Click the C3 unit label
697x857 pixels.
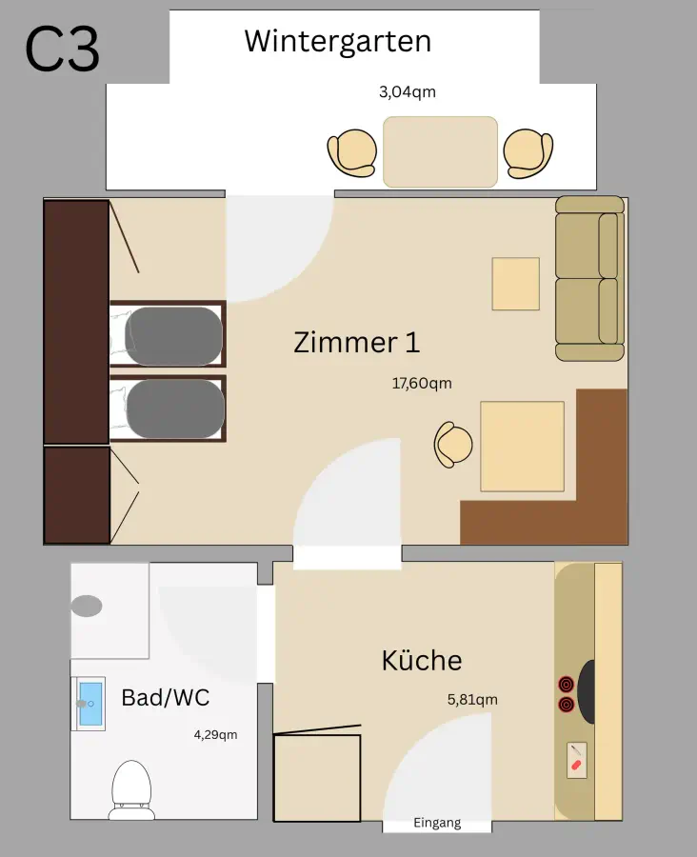[62, 50]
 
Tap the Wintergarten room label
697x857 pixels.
[337, 41]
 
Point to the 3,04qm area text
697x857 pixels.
[407, 92]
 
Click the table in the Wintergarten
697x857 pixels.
[440, 151]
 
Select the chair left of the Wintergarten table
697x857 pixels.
[352, 152]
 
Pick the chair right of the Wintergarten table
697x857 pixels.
[528, 152]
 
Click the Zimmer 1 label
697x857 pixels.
[356, 342]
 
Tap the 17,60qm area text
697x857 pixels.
[422, 384]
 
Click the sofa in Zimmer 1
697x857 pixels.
[588, 279]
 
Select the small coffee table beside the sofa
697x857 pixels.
[515, 284]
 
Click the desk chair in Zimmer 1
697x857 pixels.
[454, 445]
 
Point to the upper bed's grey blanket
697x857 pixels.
[174, 336]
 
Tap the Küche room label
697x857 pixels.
[422, 660]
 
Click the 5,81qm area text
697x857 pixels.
[472, 700]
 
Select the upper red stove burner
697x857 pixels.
[567, 684]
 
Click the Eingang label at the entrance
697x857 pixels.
[437, 823]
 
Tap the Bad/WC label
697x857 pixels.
[165, 697]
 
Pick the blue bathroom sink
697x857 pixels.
[90, 703]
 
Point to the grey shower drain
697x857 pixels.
[87, 606]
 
